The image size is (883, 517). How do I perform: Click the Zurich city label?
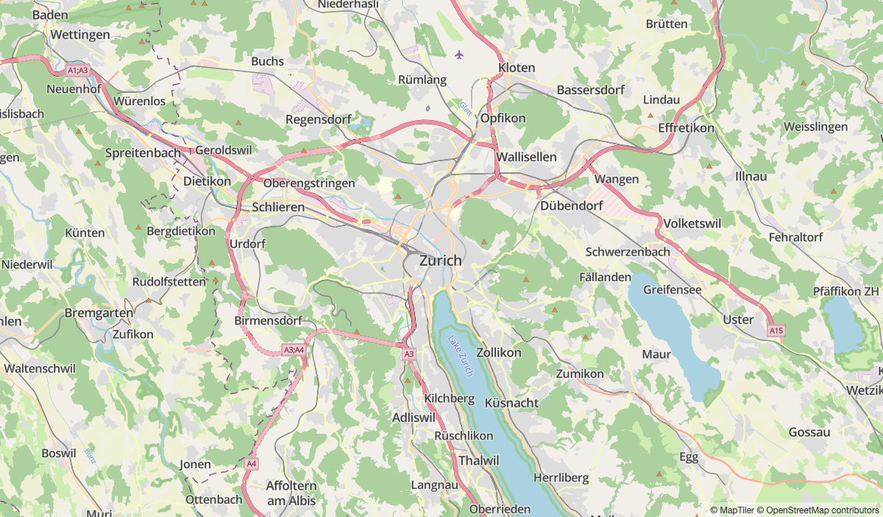[441, 261]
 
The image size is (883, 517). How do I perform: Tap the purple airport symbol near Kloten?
[460, 54]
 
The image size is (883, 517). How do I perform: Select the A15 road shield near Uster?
[776, 331]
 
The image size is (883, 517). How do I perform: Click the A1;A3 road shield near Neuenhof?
[77, 71]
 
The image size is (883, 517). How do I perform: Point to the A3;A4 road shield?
[294, 350]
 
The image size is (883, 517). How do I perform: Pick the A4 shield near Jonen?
[252, 463]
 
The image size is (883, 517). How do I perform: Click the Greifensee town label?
[672, 290]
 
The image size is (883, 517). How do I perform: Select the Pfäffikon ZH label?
[846, 291]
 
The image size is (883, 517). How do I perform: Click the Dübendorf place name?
[572, 206]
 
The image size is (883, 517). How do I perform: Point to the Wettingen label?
[80, 35]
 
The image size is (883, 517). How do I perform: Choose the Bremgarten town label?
[99, 313]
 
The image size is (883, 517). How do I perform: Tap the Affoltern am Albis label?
[291, 493]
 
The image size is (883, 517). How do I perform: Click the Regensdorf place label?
[318, 119]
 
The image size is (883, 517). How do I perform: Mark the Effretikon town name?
[686, 127]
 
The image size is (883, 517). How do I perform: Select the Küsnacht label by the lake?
[511, 403]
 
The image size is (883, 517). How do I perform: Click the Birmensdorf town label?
[269, 321]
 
